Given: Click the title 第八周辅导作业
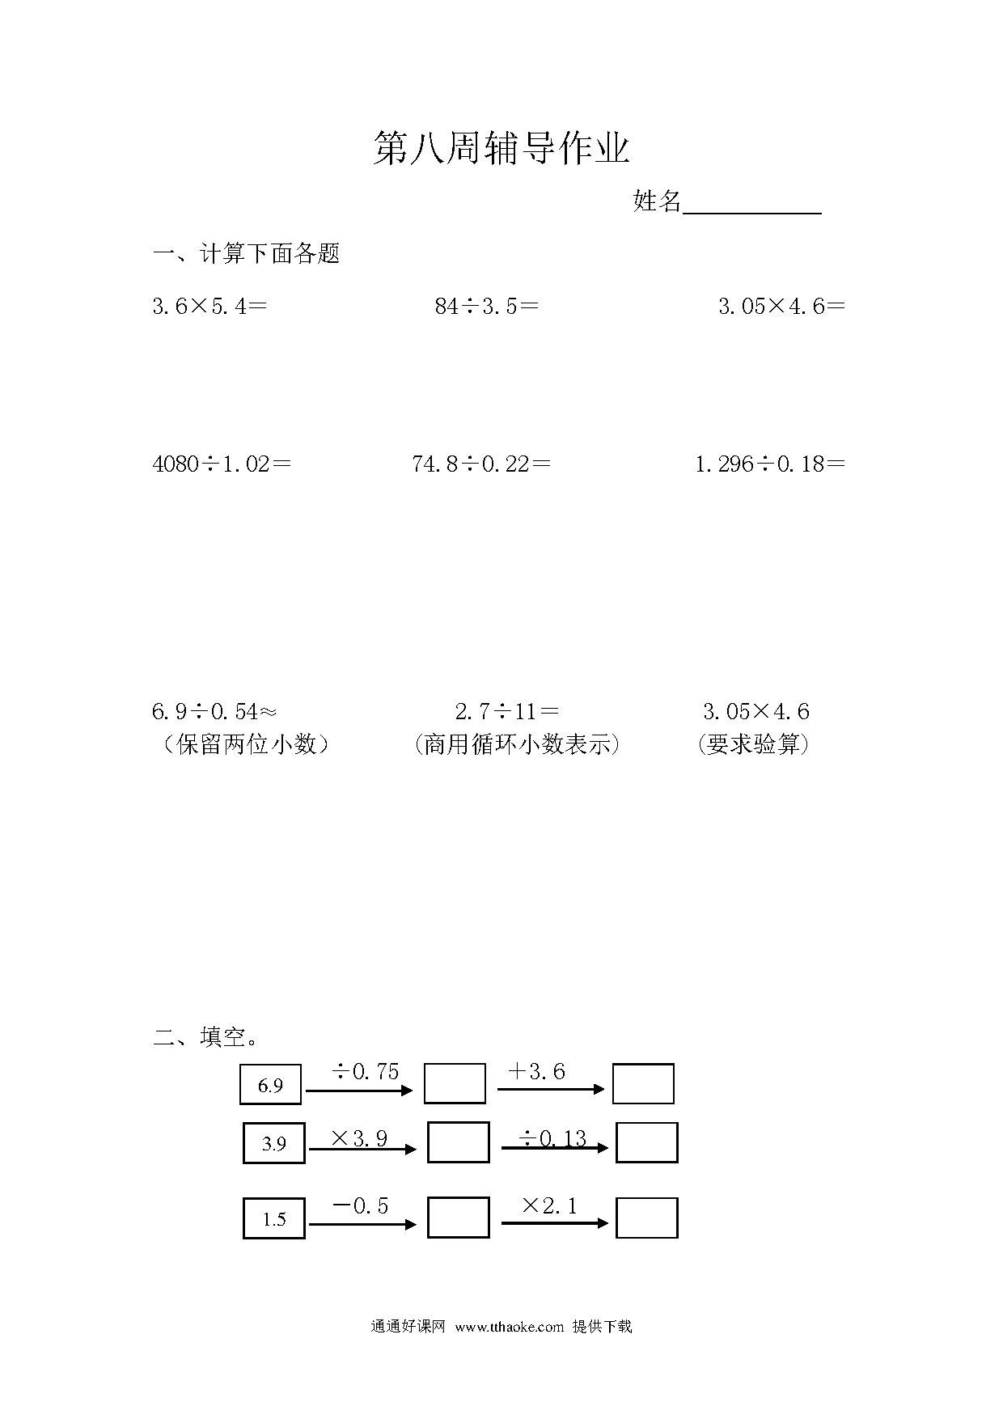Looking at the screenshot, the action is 501,149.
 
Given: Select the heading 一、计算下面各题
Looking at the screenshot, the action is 247,254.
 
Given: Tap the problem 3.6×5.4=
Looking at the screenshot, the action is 209,306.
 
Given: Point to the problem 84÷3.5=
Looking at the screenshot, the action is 486,306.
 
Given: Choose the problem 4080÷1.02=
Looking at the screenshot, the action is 222,464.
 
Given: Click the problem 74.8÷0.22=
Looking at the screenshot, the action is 481,464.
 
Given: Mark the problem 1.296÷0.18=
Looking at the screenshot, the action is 770,464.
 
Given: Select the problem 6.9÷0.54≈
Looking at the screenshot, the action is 214,711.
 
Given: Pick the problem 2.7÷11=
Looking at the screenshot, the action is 506,711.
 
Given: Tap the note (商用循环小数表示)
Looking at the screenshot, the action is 516,744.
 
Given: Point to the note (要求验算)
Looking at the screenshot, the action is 753,744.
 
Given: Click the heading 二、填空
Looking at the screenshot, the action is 205,1036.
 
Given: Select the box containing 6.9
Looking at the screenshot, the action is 270,1084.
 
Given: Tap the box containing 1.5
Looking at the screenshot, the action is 274,1218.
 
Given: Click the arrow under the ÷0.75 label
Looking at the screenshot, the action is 360,1091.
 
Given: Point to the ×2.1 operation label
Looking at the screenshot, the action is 550,1206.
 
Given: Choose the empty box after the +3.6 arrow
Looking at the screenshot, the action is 643,1084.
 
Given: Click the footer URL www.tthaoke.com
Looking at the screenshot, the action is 510,1327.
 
